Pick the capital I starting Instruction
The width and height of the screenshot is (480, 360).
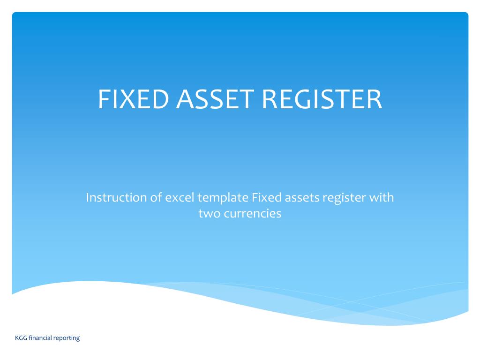[88, 198]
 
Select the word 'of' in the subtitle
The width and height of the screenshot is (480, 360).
[156, 198]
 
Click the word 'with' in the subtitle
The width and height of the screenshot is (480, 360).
[382, 198]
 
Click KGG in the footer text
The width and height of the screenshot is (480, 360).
[21, 337]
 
